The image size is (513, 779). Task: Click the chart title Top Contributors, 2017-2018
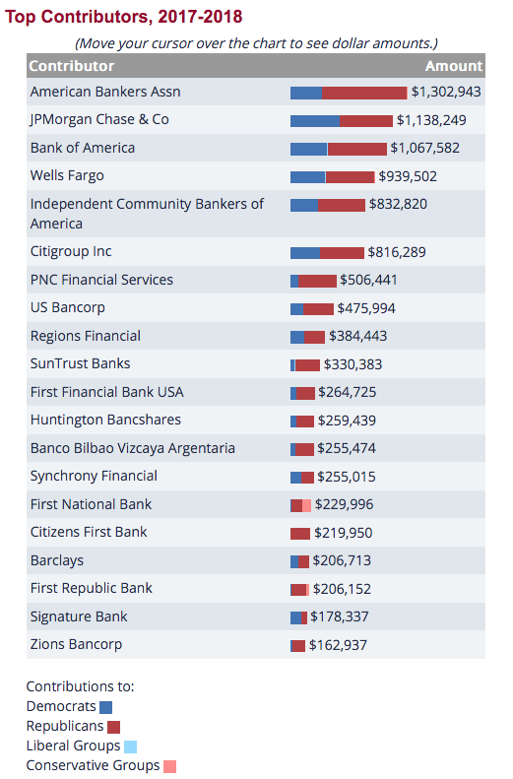[x=124, y=17]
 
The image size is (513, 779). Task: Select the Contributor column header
[x=72, y=66]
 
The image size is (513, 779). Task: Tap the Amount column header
[x=453, y=66]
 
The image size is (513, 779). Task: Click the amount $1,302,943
[x=446, y=92]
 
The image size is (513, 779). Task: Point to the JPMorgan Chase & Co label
[x=99, y=120]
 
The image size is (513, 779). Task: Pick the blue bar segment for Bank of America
[x=308, y=149]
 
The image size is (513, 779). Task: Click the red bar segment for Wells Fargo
[x=351, y=177]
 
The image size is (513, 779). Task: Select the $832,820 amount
[x=398, y=204]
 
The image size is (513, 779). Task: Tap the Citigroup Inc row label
[x=71, y=252]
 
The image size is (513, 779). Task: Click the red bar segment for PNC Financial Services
[x=317, y=282]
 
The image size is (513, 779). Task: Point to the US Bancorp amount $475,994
[x=366, y=308]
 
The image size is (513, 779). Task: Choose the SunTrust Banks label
[x=80, y=363]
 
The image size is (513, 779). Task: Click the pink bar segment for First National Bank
[x=306, y=506]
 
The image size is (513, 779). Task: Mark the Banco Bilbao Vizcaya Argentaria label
[x=133, y=448]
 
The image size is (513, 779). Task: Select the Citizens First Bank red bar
[x=300, y=534]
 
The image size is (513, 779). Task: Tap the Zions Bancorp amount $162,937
[x=338, y=645]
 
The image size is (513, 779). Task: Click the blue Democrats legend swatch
[x=105, y=707]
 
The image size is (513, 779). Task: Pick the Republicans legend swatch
[x=113, y=728]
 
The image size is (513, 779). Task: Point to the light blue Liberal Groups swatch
[x=130, y=747]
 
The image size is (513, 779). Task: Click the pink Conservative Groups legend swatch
[x=169, y=766]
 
